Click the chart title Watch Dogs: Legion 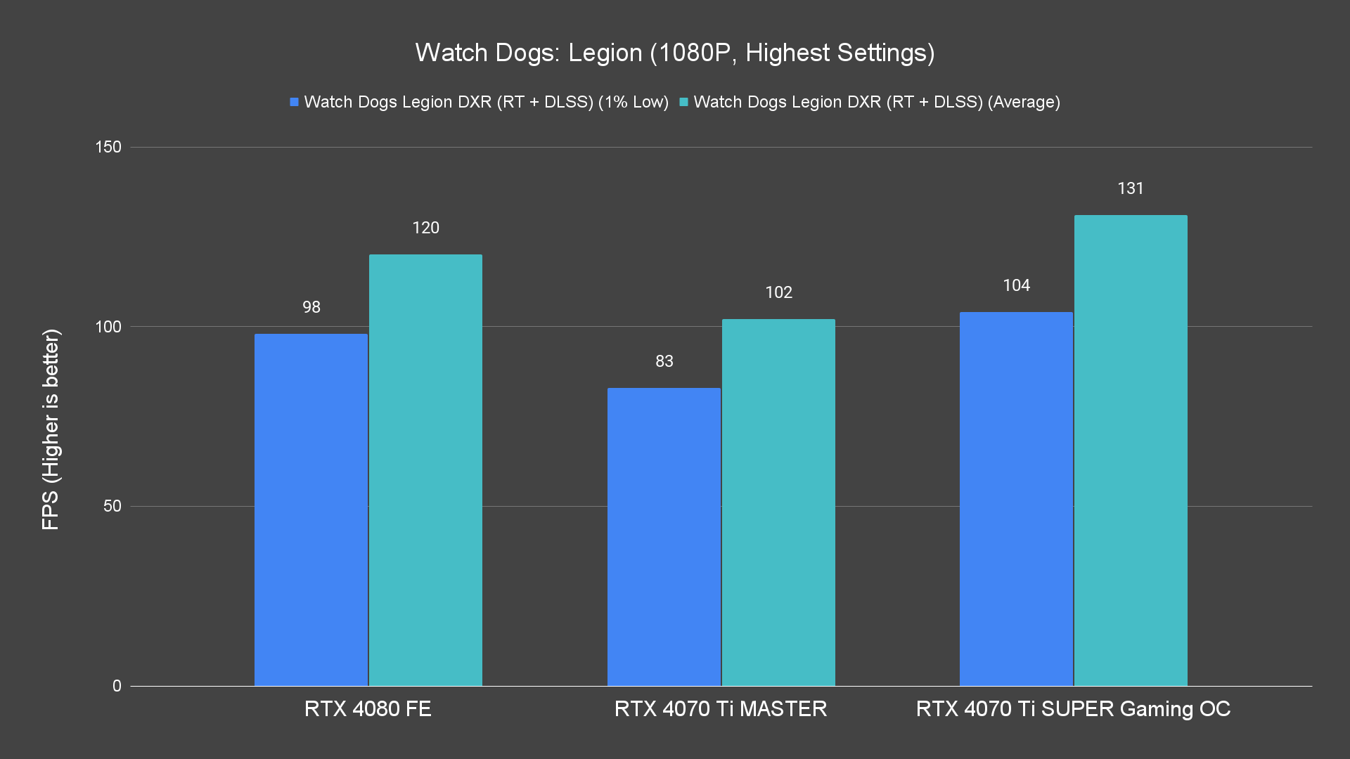click(674, 53)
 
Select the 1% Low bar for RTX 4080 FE click(311, 510)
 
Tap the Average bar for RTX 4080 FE click(425, 470)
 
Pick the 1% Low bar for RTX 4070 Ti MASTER click(664, 537)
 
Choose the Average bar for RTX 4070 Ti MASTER click(778, 502)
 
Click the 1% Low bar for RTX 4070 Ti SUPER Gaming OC click(1016, 499)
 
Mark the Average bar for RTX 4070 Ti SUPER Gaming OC click(1131, 450)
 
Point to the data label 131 click(1131, 188)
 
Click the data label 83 click(664, 361)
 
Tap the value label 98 click(311, 307)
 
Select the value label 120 click(425, 228)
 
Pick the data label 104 click(1016, 285)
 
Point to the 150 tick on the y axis click(108, 148)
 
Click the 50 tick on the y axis click(112, 507)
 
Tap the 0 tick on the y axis click(117, 686)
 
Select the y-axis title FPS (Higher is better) click(51, 429)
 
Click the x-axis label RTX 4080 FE click(368, 708)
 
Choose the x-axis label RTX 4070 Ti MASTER click(721, 708)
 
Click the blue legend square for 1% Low click(295, 103)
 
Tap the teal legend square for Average click(683, 103)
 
